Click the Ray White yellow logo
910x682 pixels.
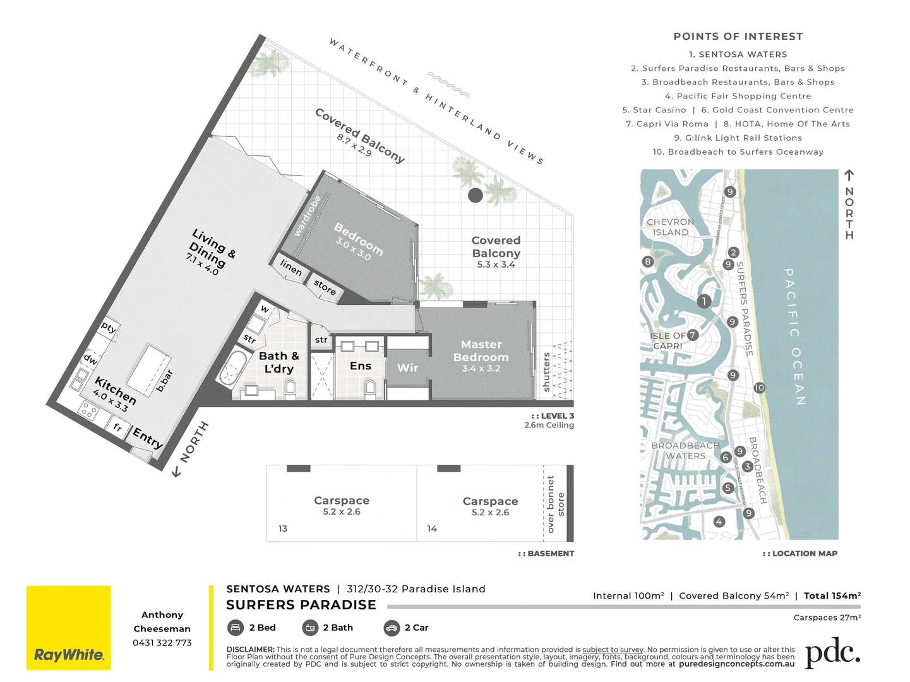[68, 628]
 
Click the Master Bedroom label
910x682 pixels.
[481, 351]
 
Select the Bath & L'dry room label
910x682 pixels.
[278, 362]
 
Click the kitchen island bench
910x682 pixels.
[149, 369]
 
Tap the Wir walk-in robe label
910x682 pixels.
[407, 368]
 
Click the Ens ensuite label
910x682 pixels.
[360, 366]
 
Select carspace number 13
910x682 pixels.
[283, 529]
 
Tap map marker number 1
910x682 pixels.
[704, 301]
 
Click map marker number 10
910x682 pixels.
[759, 388]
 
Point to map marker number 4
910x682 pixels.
[719, 522]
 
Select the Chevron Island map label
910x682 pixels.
[670, 227]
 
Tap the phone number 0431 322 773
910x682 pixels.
[162, 643]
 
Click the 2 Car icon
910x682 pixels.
[392, 628]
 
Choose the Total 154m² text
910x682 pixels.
[832, 595]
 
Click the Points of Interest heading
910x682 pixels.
[738, 37]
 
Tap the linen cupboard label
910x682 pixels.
[291, 268]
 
